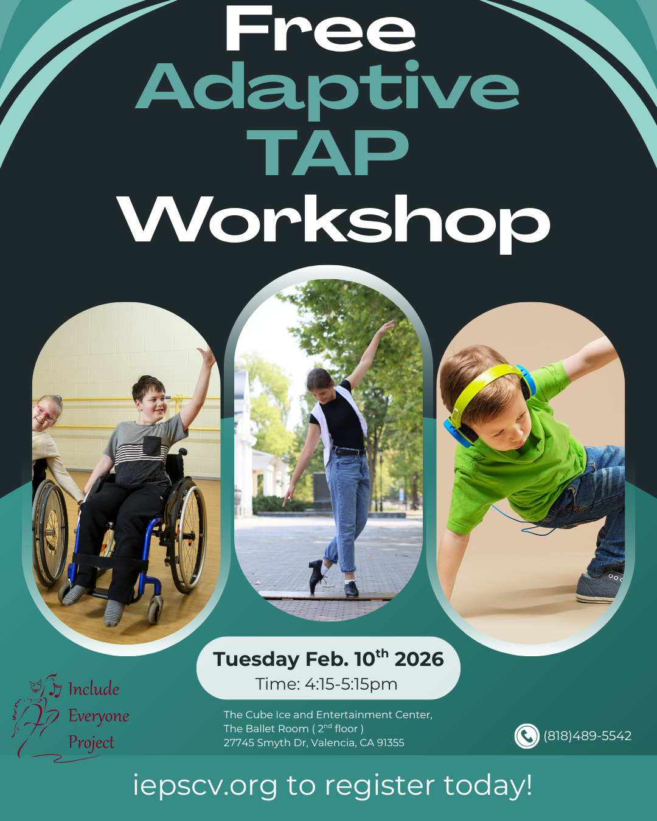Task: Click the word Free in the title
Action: click(321, 30)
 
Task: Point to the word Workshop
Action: click(333, 220)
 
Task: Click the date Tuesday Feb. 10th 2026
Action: click(328, 659)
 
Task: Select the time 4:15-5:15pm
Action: click(351, 684)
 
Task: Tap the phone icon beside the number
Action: click(527, 736)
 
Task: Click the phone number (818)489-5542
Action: click(587, 736)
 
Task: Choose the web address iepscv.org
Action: click(205, 785)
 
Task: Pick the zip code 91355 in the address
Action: click(391, 743)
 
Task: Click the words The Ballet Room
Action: click(266, 729)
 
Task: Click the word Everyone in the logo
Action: click(99, 716)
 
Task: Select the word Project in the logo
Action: click(91, 742)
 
